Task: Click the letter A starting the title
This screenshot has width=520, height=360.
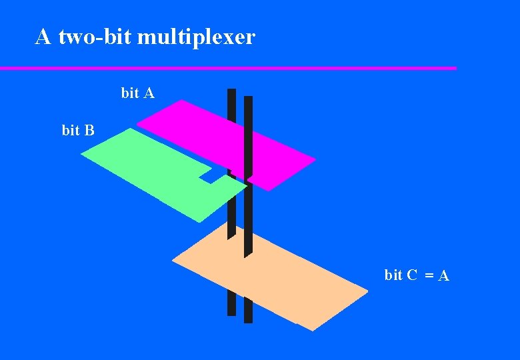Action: point(43,37)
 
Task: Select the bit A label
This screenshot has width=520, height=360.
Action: point(138,93)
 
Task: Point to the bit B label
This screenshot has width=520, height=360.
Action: point(78,130)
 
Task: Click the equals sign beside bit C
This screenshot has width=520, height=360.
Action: point(430,275)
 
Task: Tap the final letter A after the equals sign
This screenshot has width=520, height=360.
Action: point(443,275)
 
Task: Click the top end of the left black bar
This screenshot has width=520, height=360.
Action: point(231,91)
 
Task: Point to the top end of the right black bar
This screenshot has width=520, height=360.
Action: point(248,99)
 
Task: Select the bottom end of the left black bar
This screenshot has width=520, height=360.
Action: point(231,313)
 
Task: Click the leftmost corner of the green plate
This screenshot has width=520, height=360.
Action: point(81,155)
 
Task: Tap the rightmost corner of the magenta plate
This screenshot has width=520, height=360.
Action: point(315,160)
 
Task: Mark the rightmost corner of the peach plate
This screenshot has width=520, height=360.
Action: point(367,290)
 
